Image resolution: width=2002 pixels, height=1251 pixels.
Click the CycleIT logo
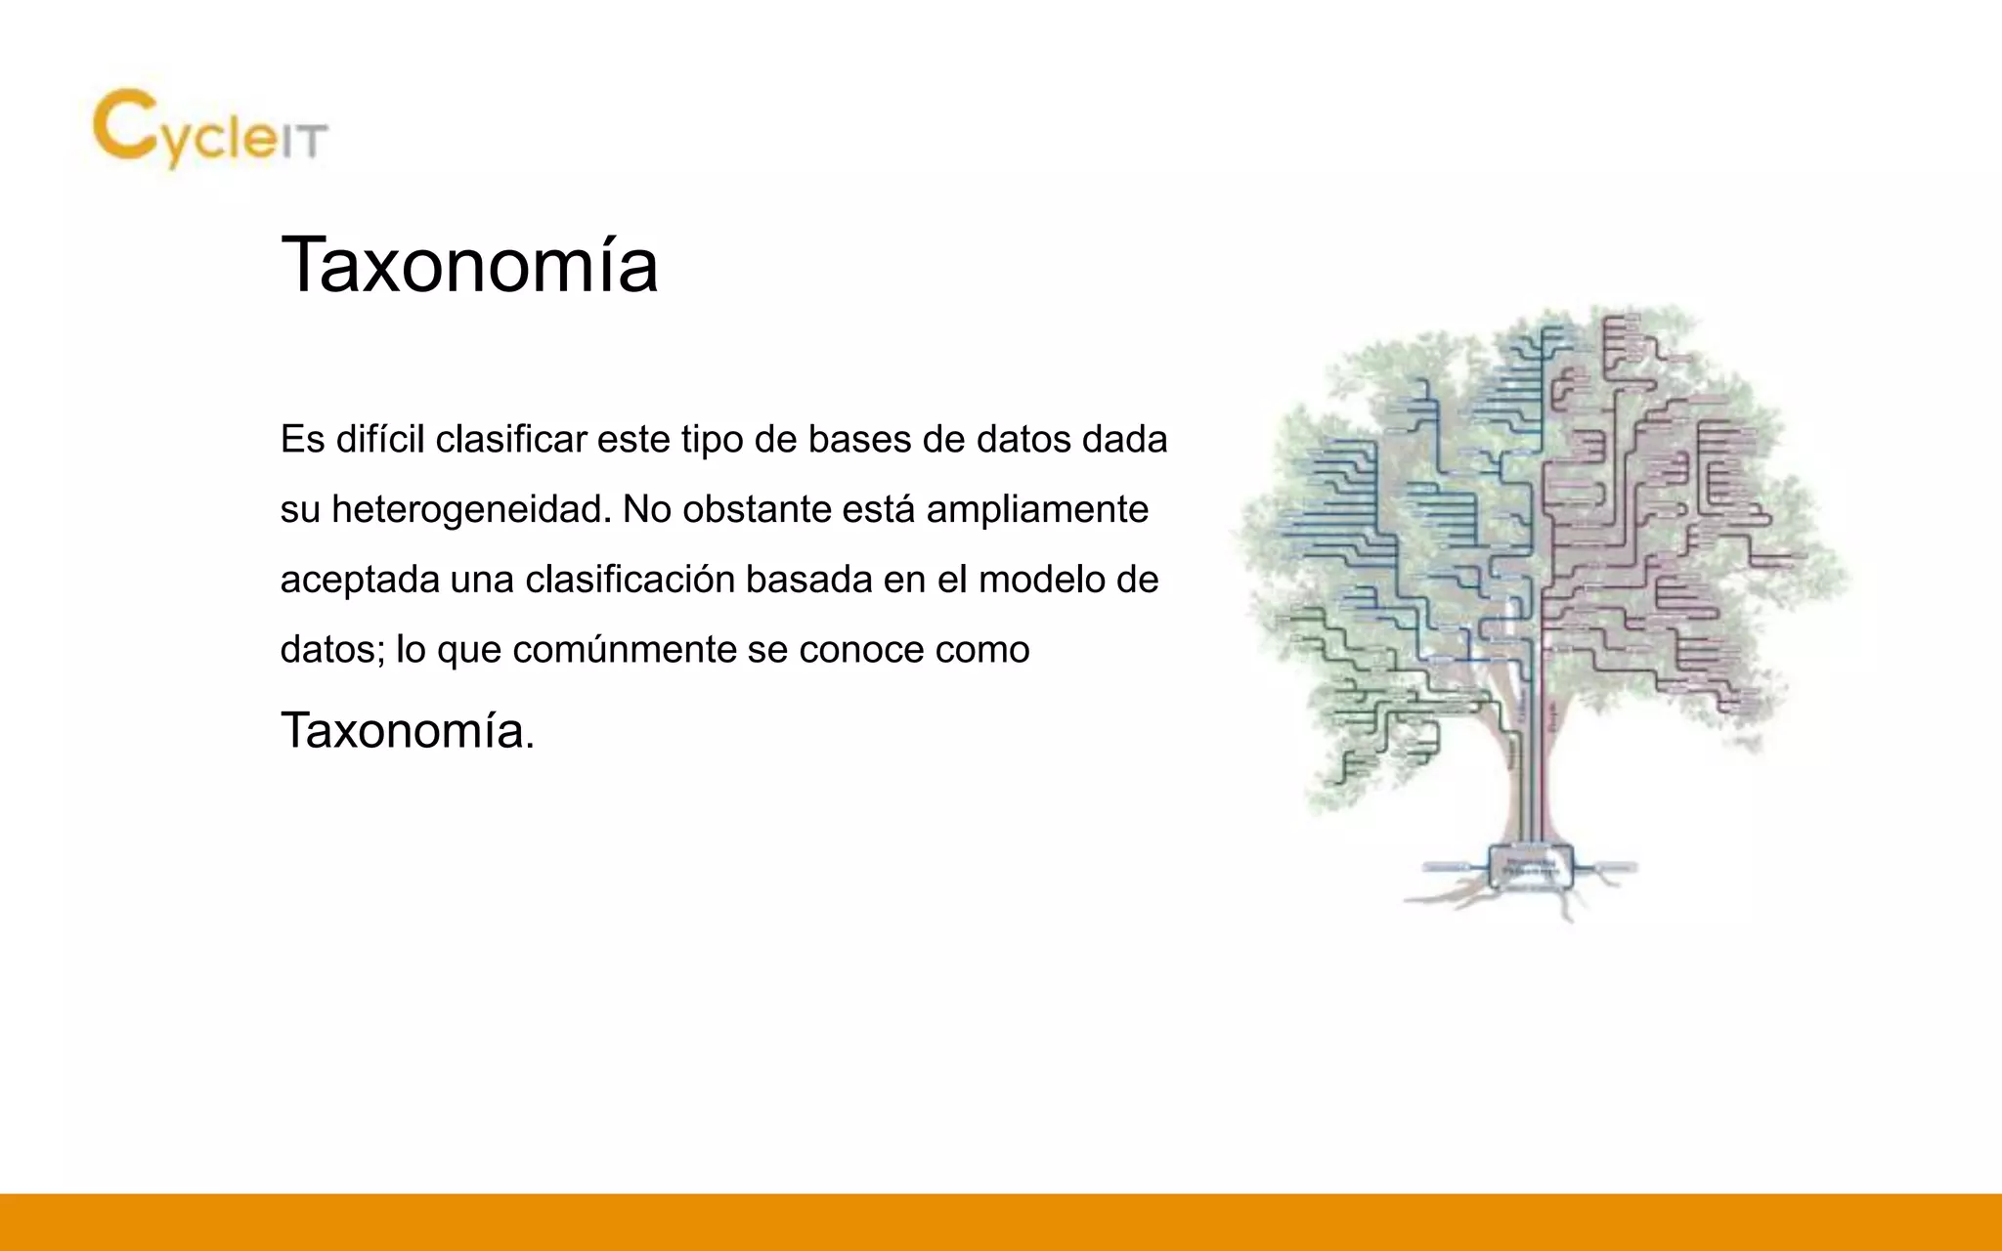[210, 129]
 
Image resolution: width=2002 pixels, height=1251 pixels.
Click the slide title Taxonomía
[469, 265]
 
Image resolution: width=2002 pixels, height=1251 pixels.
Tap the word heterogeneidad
[471, 510]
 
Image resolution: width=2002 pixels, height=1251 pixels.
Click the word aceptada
[360, 581]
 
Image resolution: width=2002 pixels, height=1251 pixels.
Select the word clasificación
[630, 581]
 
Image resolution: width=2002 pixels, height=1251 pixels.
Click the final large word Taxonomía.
[407, 730]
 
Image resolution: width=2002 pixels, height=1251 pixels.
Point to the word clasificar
[511, 440]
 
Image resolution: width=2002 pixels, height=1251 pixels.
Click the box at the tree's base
[1531, 865]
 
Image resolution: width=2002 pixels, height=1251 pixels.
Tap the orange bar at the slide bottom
[1001, 1222]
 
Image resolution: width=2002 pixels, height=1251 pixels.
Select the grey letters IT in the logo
[303, 143]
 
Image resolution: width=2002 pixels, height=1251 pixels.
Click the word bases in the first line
[859, 440]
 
